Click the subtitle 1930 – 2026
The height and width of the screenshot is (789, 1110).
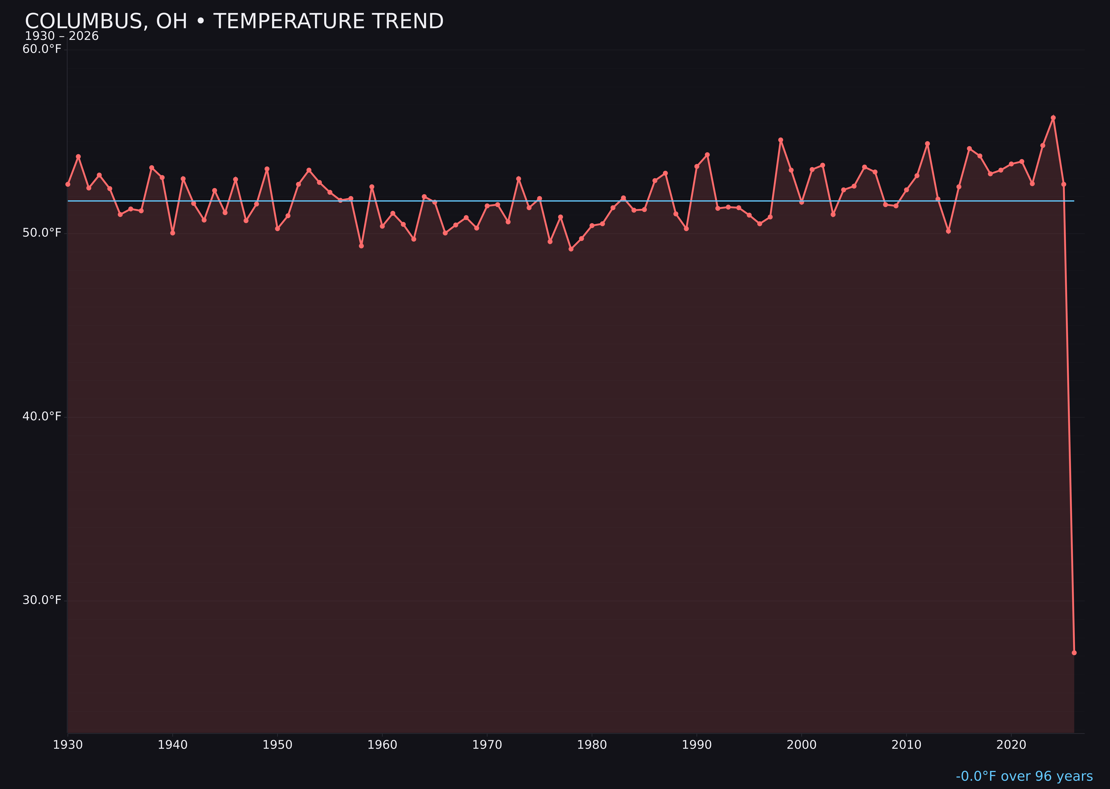pyautogui.click(x=62, y=36)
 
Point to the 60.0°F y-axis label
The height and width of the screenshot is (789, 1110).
pyautogui.click(x=42, y=49)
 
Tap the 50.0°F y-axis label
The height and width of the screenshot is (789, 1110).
pyautogui.click(x=42, y=233)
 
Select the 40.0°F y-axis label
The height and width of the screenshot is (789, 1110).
pyautogui.click(x=42, y=416)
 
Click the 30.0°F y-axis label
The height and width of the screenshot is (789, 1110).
pyautogui.click(x=42, y=600)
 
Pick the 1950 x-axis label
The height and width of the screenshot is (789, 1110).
pyautogui.click(x=277, y=745)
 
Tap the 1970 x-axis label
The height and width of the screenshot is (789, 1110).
pyautogui.click(x=487, y=745)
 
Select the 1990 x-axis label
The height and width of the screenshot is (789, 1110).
pyautogui.click(x=697, y=745)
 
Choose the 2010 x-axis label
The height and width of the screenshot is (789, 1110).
pyautogui.click(x=906, y=745)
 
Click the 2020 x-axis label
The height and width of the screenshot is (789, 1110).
pyautogui.click(x=1011, y=745)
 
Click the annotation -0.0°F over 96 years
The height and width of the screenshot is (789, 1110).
pyautogui.click(x=1024, y=776)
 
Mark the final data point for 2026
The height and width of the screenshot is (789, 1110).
pyautogui.click(x=1074, y=653)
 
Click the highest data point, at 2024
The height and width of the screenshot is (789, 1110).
pyautogui.click(x=1053, y=118)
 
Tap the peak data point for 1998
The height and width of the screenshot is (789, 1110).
pyautogui.click(x=781, y=140)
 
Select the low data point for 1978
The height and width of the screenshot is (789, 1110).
pyautogui.click(x=571, y=249)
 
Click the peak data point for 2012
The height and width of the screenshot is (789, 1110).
pyautogui.click(x=927, y=143)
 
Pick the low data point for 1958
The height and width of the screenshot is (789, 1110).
pyautogui.click(x=361, y=246)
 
